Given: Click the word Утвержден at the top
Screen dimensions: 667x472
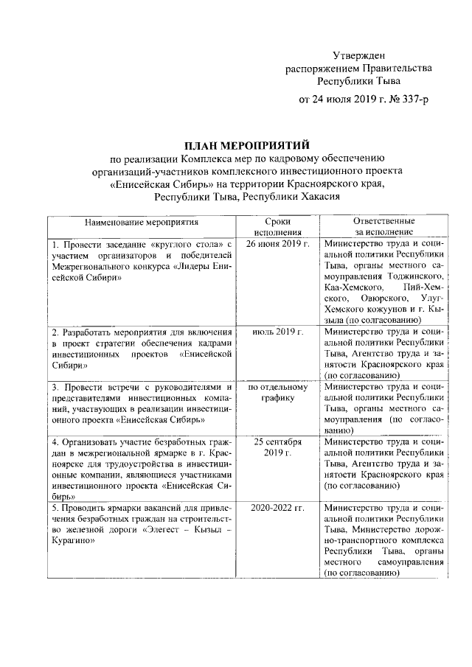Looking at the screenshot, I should [358, 55].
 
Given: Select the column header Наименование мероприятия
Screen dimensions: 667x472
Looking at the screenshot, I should [142, 221].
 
